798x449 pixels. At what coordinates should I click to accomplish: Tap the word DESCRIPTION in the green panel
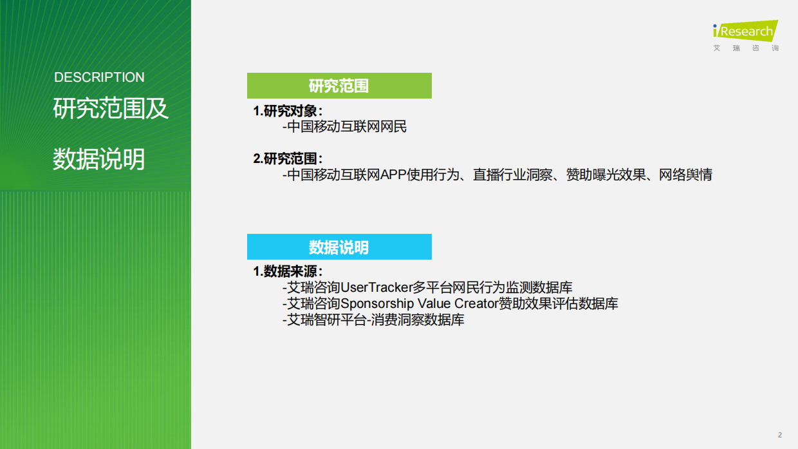99,77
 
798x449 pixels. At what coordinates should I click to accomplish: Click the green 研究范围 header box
339,86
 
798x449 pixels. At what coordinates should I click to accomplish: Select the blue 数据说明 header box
339,247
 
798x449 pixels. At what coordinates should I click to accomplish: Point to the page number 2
780,435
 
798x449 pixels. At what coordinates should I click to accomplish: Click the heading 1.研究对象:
288,111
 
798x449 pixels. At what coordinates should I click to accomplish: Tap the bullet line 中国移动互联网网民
345,127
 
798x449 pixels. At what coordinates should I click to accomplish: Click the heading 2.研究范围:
288,158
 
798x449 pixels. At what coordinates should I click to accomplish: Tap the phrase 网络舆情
685,175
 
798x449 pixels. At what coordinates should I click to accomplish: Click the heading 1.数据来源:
288,271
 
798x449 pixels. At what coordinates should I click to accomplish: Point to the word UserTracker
375,287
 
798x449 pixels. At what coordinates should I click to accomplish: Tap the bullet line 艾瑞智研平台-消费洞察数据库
374,320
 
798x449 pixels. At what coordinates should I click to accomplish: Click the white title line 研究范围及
110,109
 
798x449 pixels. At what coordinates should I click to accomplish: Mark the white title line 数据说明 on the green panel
98,159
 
